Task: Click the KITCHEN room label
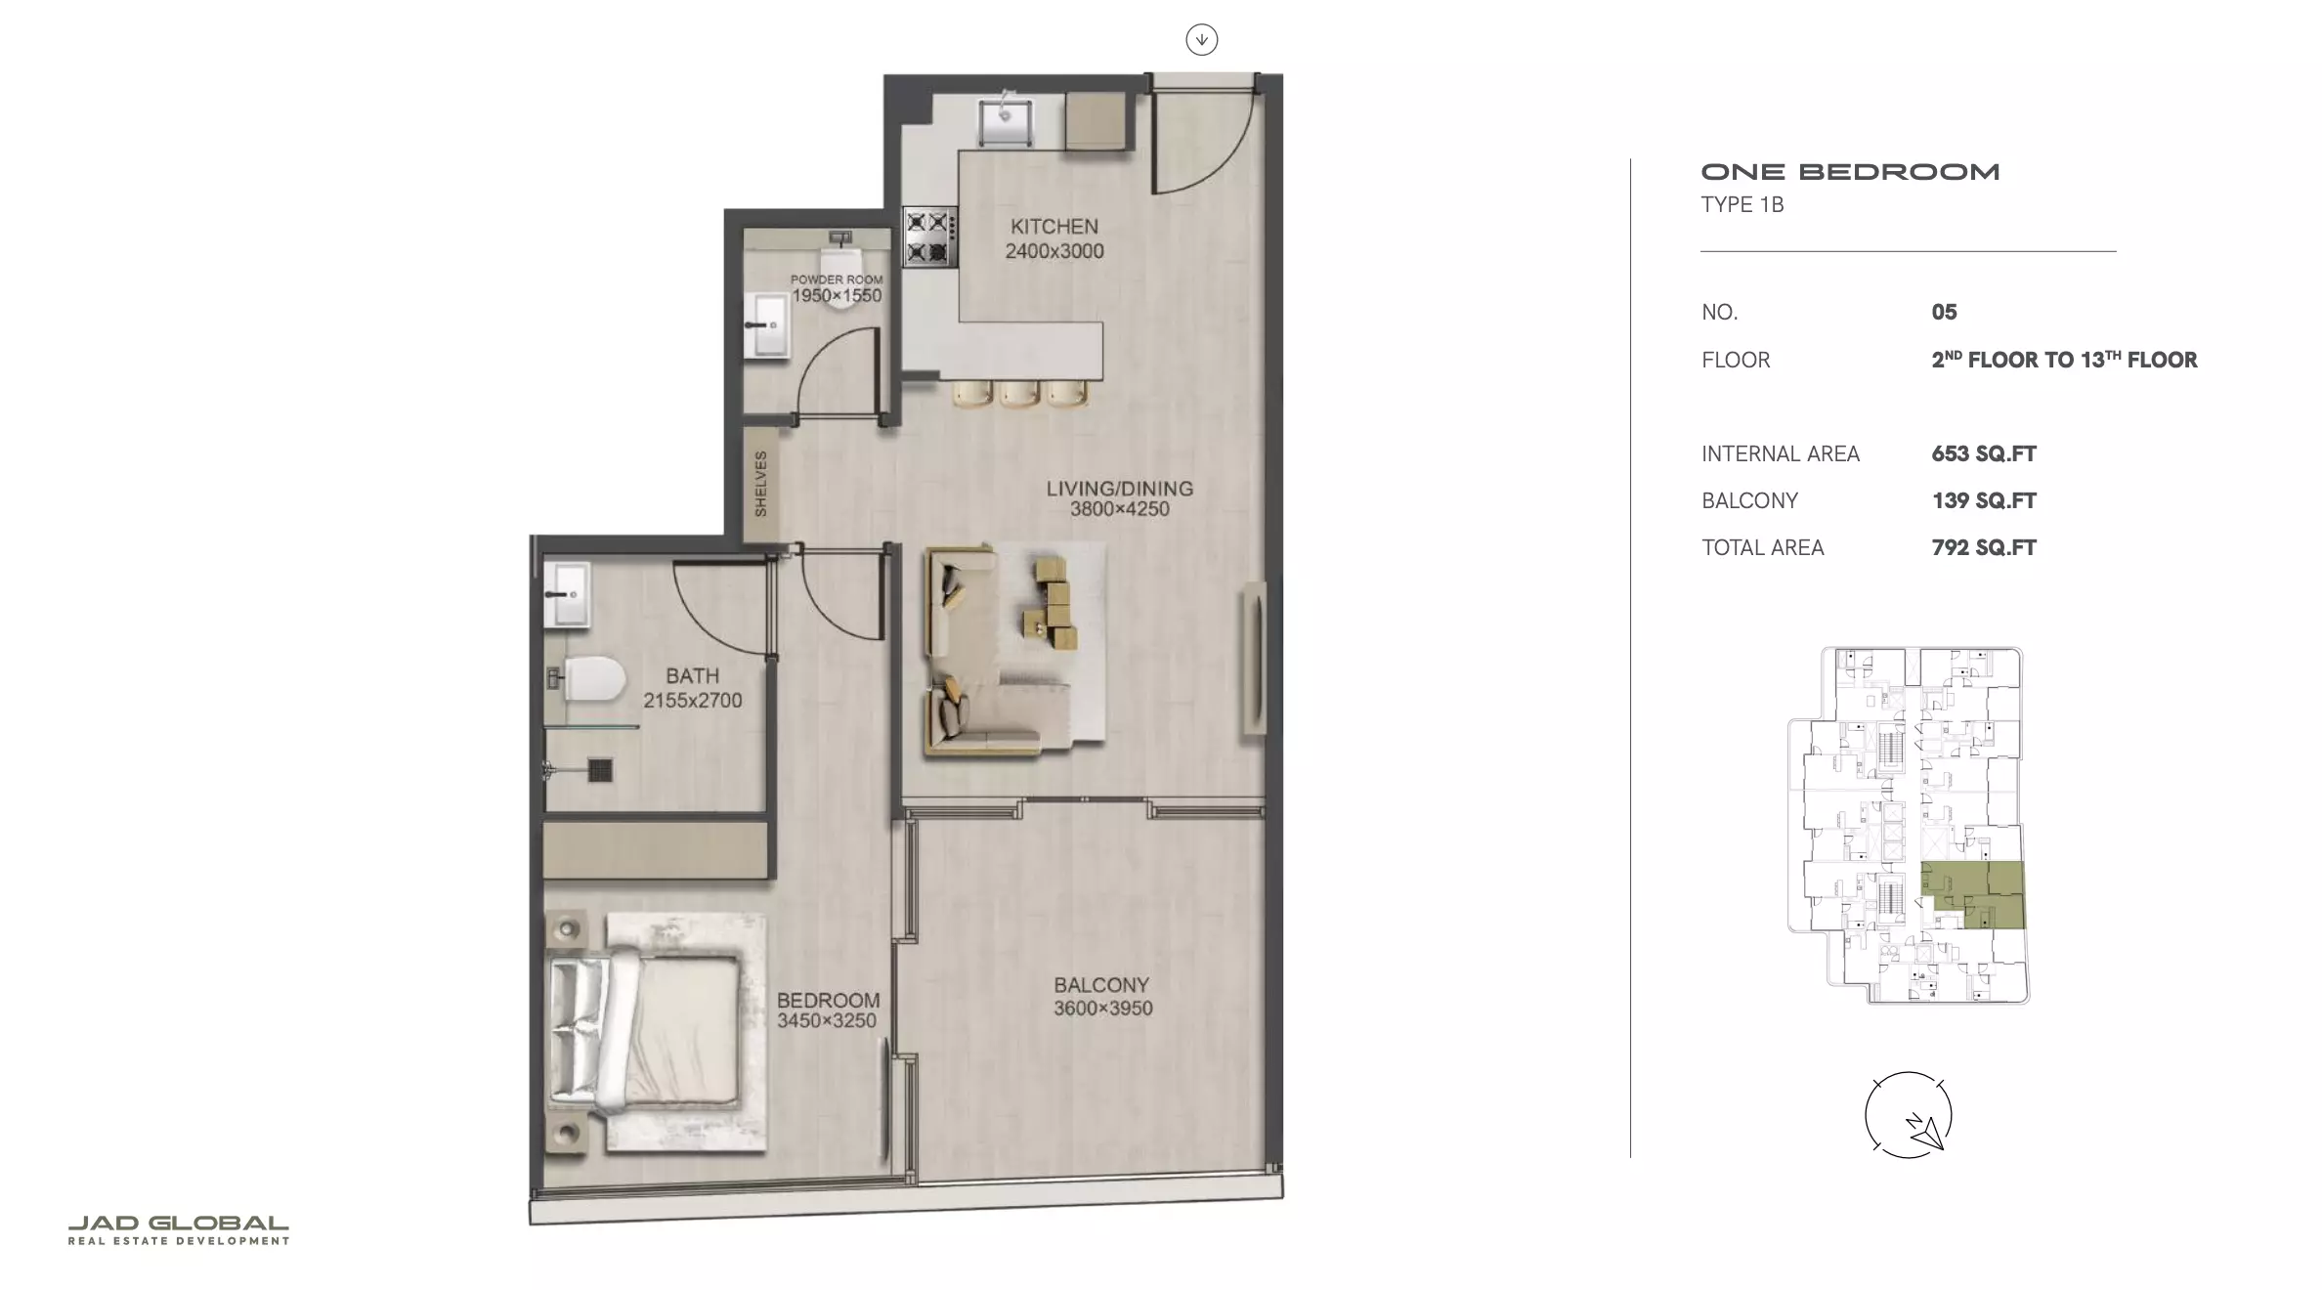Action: click(x=1053, y=226)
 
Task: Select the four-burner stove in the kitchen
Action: click(x=928, y=236)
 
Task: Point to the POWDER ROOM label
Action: click(x=837, y=279)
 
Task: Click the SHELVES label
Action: click(x=760, y=484)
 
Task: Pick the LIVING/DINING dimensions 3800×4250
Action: click(x=1119, y=509)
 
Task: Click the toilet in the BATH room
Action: click(x=586, y=679)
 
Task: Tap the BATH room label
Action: click(x=692, y=675)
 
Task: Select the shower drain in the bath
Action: click(x=600, y=770)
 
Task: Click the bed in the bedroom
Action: click(x=644, y=1032)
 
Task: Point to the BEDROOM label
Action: click(x=828, y=1000)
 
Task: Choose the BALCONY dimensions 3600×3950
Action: click(x=1102, y=1009)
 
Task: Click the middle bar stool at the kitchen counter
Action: click(x=1018, y=393)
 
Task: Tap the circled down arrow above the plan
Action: click(x=1201, y=40)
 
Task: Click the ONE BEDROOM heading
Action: click(x=1850, y=172)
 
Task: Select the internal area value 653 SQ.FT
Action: click(x=1983, y=453)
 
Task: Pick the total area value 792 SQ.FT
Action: click(x=1983, y=547)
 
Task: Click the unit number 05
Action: click(x=1944, y=312)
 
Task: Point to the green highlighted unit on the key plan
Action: click(x=1973, y=894)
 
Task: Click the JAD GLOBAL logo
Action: click(x=178, y=1229)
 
